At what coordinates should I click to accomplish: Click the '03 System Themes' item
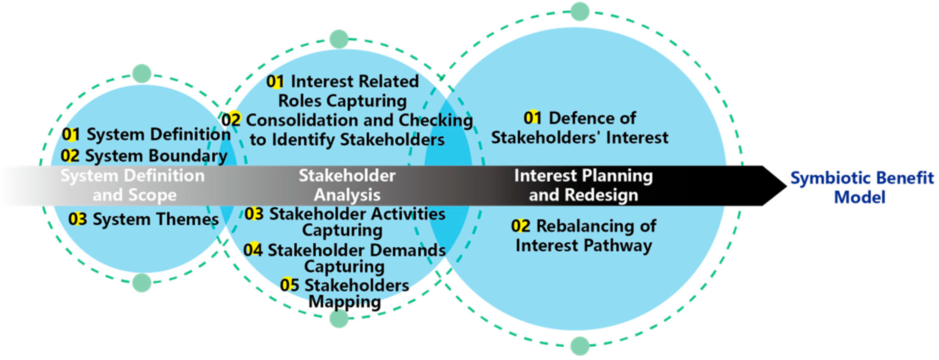144,219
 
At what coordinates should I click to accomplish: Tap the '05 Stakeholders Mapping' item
345,293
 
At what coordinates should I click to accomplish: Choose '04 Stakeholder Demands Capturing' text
345,258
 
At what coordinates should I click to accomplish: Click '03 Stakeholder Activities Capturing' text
345,221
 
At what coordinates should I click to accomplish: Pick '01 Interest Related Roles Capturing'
343,91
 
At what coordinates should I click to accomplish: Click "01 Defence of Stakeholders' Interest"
580,128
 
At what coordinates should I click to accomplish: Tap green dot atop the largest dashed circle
580,11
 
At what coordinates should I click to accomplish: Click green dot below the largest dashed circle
580,345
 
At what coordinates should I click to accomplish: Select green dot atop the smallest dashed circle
142,73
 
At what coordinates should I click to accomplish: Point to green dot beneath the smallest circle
142,282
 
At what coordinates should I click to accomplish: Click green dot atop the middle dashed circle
339,39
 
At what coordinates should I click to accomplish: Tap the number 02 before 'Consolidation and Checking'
231,120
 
